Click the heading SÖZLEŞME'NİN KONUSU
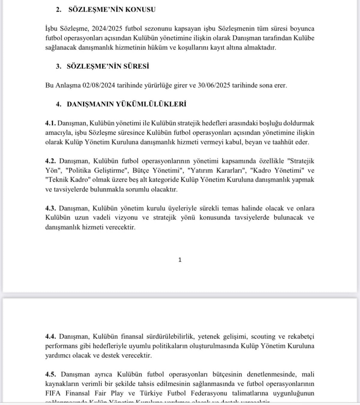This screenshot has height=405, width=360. [x=112, y=10]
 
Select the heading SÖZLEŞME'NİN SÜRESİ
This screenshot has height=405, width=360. [x=108, y=66]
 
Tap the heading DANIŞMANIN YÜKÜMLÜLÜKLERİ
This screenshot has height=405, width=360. [x=126, y=104]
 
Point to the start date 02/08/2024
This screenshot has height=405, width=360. [x=99, y=85]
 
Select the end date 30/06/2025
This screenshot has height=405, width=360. [x=214, y=85]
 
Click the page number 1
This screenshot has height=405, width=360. [x=180, y=260]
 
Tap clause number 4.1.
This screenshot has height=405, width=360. [x=50, y=123]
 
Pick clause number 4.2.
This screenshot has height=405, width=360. [x=50, y=161]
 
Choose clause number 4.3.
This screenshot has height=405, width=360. [x=50, y=208]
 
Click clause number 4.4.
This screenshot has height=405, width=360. [x=50, y=337]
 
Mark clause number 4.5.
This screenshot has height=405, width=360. [x=50, y=374]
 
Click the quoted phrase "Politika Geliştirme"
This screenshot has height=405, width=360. [x=96, y=171]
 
